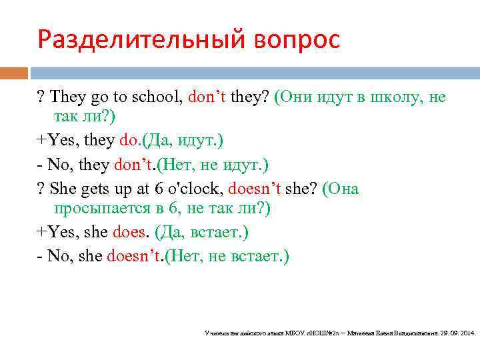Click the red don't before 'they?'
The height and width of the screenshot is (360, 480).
(209, 98)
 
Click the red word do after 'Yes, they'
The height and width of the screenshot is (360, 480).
(127, 141)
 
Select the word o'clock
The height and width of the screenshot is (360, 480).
(197, 189)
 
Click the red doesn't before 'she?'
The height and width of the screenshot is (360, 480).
(255, 189)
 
